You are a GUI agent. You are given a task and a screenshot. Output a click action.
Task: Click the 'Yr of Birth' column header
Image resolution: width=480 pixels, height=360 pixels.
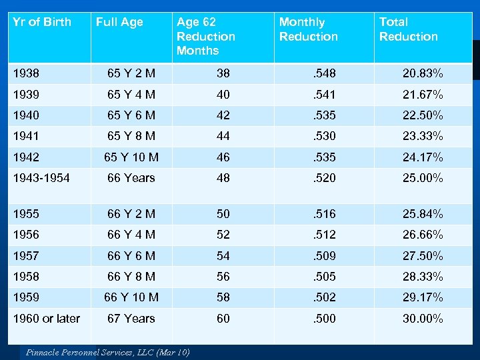coord(42,22)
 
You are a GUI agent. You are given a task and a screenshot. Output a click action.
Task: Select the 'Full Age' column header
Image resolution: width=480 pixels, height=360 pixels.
coord(119,22)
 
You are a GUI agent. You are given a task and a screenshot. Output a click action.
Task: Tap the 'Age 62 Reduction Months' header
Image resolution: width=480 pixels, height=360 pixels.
coord(206,37)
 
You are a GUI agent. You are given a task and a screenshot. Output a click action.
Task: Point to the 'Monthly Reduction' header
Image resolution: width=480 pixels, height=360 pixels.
coord(309,29)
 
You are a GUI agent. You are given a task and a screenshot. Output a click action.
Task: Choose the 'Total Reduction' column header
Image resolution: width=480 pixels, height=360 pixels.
coord(409,29)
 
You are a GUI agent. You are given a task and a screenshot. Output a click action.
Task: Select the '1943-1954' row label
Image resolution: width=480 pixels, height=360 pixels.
coord(41,178)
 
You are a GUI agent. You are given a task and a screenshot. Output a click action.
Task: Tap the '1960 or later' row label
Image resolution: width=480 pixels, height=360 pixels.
coord(47,319)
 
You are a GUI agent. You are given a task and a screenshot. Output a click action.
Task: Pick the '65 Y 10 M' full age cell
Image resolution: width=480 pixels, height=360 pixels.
coord(131,157)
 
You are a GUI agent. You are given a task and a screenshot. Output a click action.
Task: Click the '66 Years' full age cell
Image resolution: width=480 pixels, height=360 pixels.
coord(131,178)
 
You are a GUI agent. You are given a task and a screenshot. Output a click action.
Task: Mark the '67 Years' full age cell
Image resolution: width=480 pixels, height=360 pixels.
coord(131,319)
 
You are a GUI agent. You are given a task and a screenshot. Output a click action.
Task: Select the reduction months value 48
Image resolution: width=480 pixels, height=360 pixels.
coord(223,178)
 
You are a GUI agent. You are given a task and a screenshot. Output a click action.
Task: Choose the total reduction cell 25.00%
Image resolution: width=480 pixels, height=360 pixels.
coord(423,178)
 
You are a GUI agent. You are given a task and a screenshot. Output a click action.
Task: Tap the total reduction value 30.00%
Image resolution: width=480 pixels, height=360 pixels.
coord(423,319)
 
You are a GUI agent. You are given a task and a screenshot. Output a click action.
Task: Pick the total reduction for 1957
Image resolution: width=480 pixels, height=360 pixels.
coord(423,256)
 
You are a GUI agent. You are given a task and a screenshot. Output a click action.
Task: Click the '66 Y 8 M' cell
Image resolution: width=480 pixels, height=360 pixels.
coord(131,277)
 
